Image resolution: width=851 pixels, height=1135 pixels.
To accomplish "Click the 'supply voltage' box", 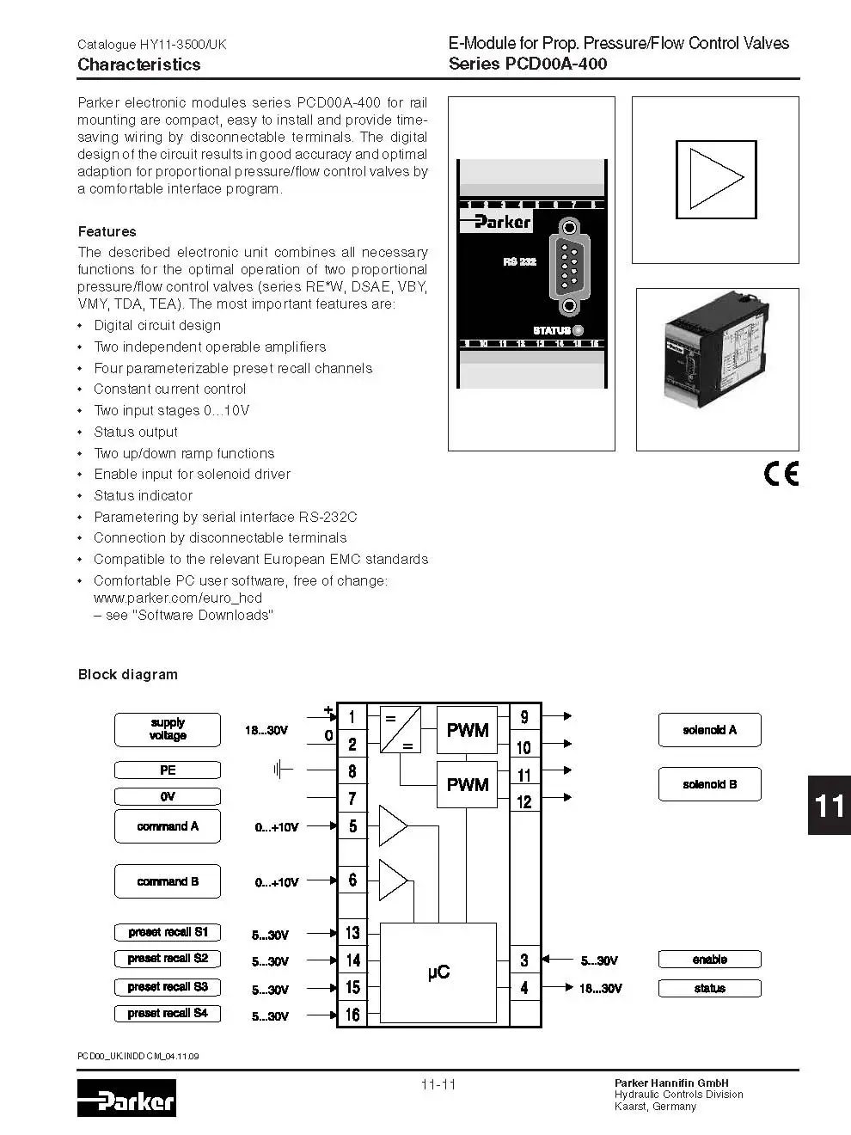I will (168, 730).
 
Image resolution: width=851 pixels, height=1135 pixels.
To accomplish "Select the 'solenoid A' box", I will (709, 730).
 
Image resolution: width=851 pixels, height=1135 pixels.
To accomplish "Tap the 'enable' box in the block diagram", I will (709, 960).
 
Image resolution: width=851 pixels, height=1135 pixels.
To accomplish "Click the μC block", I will (438, 972).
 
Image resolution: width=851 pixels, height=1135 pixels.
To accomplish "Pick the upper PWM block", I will (467, 730).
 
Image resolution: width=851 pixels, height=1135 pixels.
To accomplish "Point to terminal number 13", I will (352, 933).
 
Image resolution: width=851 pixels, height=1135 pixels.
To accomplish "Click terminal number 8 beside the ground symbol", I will (352, 771).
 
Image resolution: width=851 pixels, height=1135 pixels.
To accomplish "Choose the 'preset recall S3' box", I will (168, 987).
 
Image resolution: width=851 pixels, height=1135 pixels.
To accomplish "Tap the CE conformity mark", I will (781, 474).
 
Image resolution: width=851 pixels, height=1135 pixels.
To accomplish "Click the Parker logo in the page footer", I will (126, 1098).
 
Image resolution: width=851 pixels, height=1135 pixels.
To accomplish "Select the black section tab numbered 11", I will (829, 805).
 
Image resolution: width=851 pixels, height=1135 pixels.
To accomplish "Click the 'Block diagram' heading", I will (128, 674).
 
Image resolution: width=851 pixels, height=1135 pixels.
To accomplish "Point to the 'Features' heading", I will (107, 231).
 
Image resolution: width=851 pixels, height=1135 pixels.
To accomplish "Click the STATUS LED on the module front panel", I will (578, 330).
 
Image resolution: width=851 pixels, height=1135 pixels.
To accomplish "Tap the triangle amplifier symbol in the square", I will (716, 179).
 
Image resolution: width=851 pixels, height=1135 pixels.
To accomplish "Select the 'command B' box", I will (168, 881).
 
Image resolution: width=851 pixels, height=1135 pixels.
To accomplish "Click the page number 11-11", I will (438, 1084).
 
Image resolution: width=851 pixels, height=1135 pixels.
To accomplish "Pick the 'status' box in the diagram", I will (709, 988).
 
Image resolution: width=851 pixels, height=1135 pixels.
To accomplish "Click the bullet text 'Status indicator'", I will (143, 495).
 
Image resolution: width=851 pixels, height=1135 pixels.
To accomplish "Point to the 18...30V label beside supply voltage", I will (266, 730).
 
